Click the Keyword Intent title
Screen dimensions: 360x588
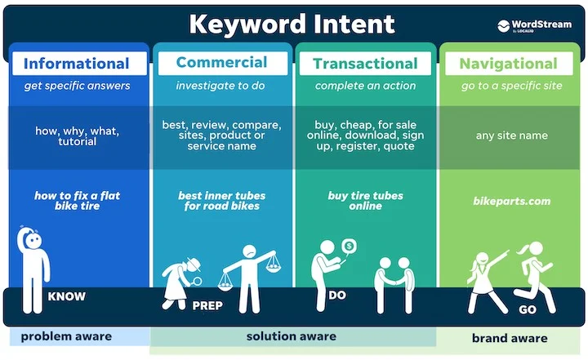coord(292,24)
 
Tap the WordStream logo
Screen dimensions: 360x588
coord(536,25)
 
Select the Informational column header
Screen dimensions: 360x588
coord(77,64)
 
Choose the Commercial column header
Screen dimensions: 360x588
coord(221,63)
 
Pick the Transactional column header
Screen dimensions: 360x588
coord(365,64)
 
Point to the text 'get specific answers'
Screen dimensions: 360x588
coord(78,86)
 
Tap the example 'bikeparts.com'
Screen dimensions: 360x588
coord(512,201)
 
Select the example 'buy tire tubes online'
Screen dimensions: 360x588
coord(365,201)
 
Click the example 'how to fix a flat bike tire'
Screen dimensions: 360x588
coord(78,201)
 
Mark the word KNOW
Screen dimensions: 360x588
coord(67,296)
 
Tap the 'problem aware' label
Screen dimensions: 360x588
coord(60,336)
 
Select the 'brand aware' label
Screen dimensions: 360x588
coord(510,338)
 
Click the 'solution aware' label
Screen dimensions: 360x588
coord(291,336)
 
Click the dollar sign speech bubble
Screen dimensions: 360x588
coord(349,245)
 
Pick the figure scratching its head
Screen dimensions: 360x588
coord(32,269)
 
